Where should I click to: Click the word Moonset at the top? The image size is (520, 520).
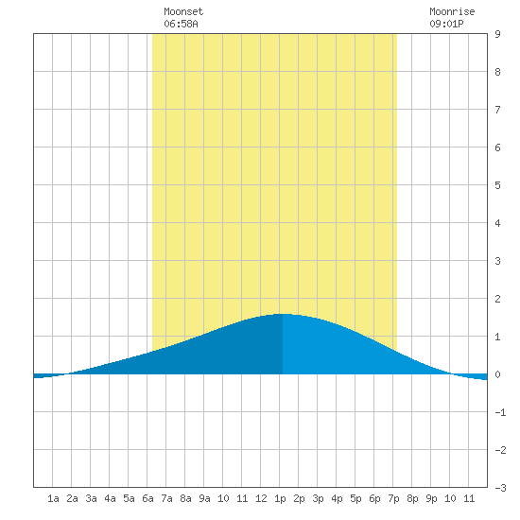(x=183, y=12)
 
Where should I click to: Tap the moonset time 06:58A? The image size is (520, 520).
(x=181, y=24)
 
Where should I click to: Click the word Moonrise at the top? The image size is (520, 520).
(x=452, y=12)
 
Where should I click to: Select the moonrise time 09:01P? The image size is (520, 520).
(x=446, y=24)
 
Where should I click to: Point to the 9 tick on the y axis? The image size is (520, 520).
(x=497, y=34)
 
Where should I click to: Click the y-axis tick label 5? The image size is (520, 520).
(x=497, y=185)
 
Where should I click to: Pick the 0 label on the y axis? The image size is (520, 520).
(x=497, y=374)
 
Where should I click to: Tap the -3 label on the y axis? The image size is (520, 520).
(x=500, y=488)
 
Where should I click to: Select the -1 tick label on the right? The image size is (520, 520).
(x=500, y=412)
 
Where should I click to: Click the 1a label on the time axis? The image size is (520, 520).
(x=53, y=498)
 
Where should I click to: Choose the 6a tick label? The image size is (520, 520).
(x=147, y=498)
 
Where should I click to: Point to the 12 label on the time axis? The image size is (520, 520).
(x=261, y=498)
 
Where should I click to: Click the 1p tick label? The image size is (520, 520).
(x=280, y=498)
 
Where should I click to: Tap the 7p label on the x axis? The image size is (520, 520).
(x=393, y=498)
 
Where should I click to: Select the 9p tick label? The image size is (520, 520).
(x=431, y=498)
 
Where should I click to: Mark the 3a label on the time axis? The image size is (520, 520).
(x=91, y=498)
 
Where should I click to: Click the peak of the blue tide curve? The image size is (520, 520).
(x=283, y=314)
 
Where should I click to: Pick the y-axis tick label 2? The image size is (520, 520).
(x=497, y=299)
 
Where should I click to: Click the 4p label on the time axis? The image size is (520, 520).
(x=337, y=498)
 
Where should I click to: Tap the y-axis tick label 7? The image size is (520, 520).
(x=497, y=110)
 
